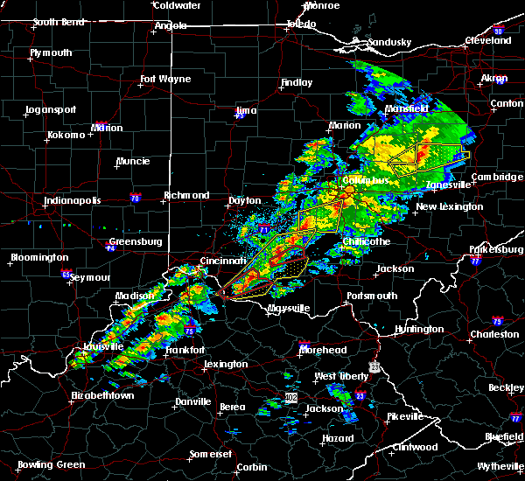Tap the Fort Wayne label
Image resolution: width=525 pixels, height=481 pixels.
[x=165, y=79]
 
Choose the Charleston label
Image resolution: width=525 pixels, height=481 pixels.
[x=493, y=334]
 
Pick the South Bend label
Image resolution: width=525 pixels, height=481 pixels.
[x=57, y=22]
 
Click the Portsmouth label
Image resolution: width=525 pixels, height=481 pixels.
[x=372, y=296]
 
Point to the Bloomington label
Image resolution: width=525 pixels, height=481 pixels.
[x=39, y=257]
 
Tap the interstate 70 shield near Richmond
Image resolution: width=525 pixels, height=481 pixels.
[x=135, y=198]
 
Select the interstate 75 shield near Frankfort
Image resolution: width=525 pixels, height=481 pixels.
[x=189, y=331]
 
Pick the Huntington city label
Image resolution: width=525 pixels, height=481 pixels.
[x=419, y=329]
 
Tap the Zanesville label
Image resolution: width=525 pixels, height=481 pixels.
[x=449, y=185]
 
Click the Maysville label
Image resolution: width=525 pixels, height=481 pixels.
[x=290, y=309]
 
